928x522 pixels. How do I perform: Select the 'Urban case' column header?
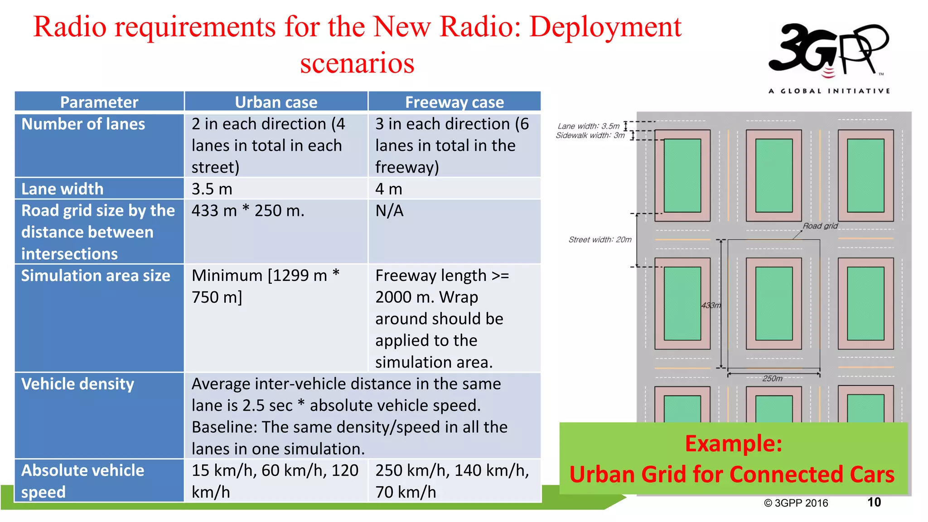276,102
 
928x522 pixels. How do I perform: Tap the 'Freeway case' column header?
454,102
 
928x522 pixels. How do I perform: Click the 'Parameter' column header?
99,102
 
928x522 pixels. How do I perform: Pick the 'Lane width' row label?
63,188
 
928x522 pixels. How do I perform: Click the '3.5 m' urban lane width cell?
212,188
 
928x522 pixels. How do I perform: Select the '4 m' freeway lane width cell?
389,188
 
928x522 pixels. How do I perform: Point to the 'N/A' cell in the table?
389,211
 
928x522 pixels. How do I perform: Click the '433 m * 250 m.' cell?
248,211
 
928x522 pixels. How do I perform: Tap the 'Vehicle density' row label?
78,384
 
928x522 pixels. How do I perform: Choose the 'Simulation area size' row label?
96,275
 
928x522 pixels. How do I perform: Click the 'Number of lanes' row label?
83,124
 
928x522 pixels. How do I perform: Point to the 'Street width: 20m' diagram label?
600,240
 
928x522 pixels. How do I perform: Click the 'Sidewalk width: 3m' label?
590,135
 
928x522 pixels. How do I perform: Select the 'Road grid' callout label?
820,226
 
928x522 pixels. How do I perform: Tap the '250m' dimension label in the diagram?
772,378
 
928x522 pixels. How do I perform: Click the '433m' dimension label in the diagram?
711,305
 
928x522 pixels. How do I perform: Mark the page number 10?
874,502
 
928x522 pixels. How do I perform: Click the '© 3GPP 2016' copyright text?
796,503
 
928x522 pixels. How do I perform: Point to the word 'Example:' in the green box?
733,443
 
